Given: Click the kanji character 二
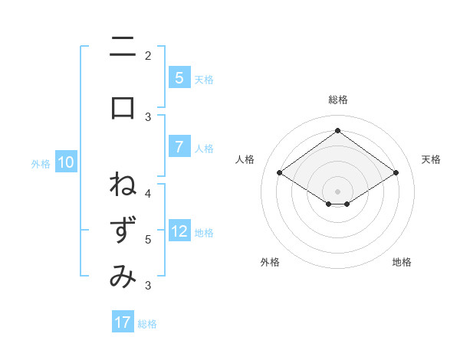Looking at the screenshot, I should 123,47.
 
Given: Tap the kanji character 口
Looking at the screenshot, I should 123,108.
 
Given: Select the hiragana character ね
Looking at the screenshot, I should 123,185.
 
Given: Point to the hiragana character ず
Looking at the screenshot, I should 123,231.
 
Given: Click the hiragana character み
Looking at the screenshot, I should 123,277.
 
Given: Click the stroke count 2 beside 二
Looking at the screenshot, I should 148,55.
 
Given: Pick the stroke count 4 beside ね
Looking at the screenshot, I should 148,193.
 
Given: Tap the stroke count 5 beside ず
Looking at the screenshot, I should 148,239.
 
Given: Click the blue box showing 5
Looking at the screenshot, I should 179,78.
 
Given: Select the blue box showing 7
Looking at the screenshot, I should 179,147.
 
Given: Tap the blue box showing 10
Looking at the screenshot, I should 66,162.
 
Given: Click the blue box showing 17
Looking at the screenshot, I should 123,322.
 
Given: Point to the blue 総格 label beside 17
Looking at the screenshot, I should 147,324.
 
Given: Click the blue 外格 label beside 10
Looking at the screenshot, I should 40,163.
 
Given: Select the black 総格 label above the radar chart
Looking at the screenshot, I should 337,100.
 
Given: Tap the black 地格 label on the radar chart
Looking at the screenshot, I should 402,262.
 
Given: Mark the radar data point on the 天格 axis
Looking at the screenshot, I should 396,173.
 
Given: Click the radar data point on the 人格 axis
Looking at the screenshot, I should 280,173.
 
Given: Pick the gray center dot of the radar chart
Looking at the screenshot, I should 337,191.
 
